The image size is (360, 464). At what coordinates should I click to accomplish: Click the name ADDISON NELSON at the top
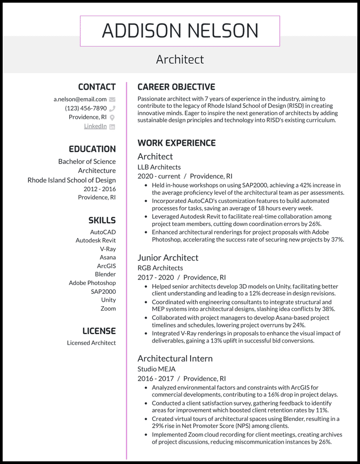(180, 31)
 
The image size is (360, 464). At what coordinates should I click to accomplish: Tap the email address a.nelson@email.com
(80, 99)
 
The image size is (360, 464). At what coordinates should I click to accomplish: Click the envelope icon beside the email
(112, 100)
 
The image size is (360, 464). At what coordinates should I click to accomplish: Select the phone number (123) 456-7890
(86, 108)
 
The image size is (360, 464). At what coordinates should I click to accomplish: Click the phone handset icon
(112, 109)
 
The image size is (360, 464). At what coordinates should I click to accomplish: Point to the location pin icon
(112, 117)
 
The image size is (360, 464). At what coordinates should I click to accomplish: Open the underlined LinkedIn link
(95, 126)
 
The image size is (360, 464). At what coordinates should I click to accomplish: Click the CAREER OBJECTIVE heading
(176, 87)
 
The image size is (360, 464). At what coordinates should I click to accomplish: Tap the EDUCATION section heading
(92, 149)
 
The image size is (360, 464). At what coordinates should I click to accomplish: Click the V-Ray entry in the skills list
(108, 249)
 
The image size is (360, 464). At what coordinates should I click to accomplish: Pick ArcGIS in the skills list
(106, 266)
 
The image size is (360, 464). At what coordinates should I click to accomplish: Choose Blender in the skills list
(105, 274)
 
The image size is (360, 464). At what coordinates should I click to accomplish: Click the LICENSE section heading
(99, 331)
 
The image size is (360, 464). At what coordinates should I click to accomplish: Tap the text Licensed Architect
(91, 343)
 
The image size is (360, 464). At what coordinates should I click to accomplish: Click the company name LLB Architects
(159, 167)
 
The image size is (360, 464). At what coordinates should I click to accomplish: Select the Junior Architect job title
(168, 257)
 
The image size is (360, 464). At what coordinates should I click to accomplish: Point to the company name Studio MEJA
(157, 369)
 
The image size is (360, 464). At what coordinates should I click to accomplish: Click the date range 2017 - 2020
(155, 277)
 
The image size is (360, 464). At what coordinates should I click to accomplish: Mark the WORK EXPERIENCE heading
(176, 143)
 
